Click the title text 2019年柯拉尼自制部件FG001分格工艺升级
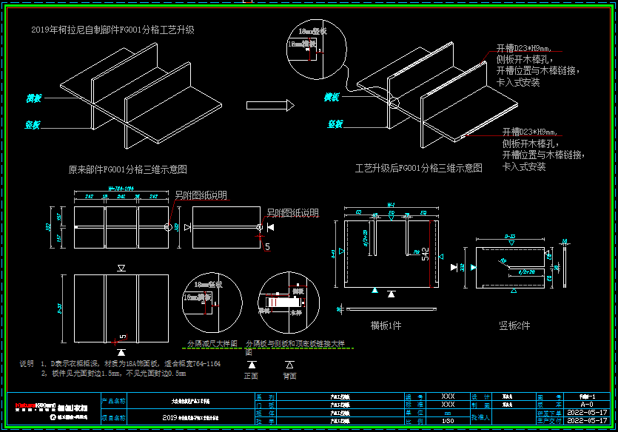112,30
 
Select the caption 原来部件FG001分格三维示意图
127,169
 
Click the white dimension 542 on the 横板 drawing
425,254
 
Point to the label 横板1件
386,325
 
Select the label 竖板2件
514,325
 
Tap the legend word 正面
251,376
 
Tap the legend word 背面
289,376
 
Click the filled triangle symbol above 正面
252,365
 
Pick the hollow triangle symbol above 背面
289,365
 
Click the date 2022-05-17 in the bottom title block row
586,420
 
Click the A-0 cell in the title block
586,405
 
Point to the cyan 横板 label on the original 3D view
34,98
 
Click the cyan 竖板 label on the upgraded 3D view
335,124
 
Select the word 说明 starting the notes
27,364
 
